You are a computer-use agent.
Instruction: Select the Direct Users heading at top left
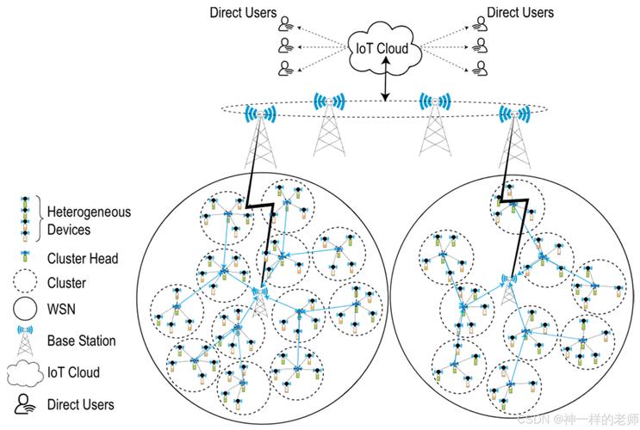[x=243, y=13]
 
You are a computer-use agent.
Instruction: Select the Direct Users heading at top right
[x=520, y=13]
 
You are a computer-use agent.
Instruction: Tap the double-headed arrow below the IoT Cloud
[x=386, y=85]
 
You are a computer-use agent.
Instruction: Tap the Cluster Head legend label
[x=84, y=258]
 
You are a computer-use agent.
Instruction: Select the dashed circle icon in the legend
[x=26, y=282]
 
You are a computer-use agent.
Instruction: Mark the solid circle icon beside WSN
[x=26, y=307]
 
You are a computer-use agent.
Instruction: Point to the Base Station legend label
[x=82, y=341]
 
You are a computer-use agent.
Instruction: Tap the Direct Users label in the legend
[x=82, y=403]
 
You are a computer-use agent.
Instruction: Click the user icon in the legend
[x=26, y=402]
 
